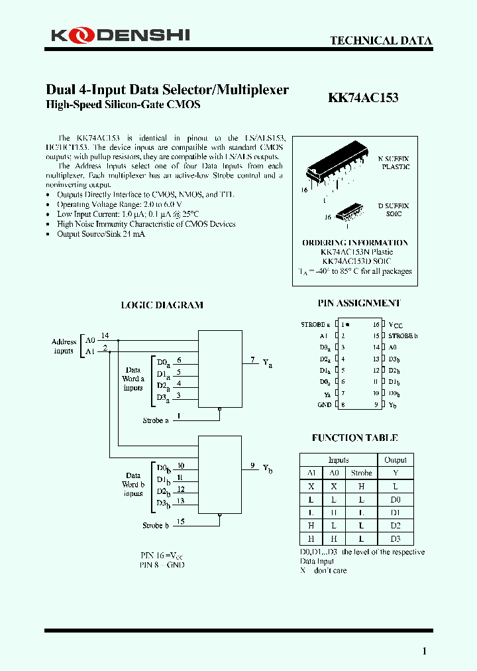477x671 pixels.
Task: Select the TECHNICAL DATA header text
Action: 381,41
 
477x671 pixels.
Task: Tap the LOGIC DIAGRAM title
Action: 162,305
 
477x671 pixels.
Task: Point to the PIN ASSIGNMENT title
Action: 358,303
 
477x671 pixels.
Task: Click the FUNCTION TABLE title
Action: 354,438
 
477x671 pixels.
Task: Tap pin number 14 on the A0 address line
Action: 105,335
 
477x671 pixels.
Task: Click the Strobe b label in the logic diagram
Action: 156,525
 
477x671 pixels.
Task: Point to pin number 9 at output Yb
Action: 252,465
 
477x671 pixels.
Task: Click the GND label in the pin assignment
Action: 324,404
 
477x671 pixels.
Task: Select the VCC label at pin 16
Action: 396,326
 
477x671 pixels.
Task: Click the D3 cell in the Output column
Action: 396,538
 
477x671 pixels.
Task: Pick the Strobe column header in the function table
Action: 361,473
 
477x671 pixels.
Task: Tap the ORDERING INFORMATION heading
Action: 355,243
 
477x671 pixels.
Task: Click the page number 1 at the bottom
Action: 425,650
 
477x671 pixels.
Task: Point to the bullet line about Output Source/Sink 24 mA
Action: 101,234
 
